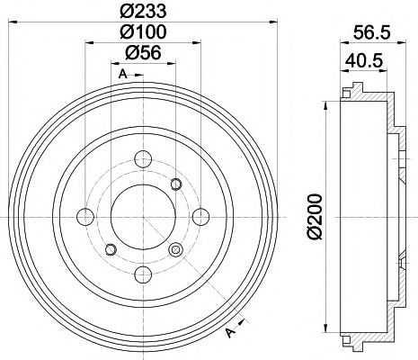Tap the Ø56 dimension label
coord(142,55)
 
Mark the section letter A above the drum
coord(120,75)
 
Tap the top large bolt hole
coord(142,161)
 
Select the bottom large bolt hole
coord(142,273)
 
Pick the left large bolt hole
coord(86,217)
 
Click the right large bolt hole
coord(198,217)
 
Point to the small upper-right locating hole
coord(175,184)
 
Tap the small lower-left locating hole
coord(109,249)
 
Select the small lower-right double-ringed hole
coord(174,249)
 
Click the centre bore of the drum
coord(142,217)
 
